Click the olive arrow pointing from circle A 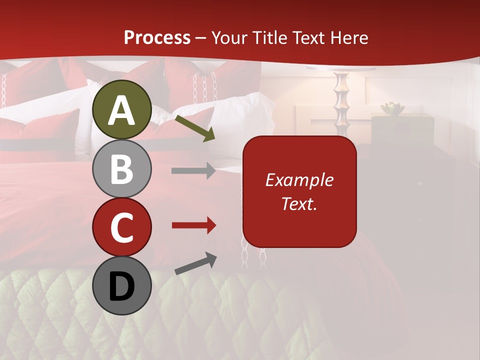pyautogui.click(x=194, y=127)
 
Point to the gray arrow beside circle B pyautogui.click(x=193, y=171)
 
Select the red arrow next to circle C pyautogui.click(x=193, y=225)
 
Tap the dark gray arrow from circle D pyautogui.click(x=195, y=263)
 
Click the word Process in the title pyautogui.click(x=157, y=37)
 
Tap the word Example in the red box pyautogui.click(x=299, y=180)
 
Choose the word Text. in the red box pyautogui.click(x=299, y=203)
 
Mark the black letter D pyautogui.click(x=121, y=287)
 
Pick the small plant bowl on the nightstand pyautogui.click(x=392, y=108)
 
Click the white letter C pyautogui.click(x=121, y=227)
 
